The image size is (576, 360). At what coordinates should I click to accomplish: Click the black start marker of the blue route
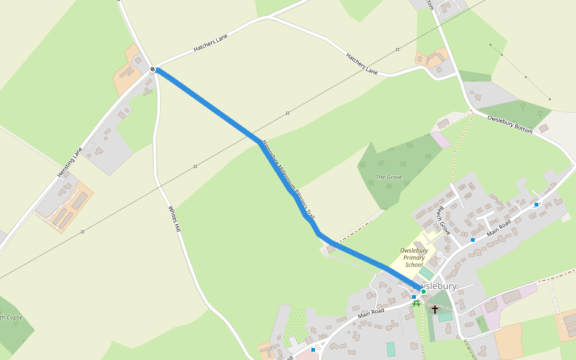pyautogui.click(x=153, y=70)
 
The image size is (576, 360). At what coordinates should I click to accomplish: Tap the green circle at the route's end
pyautogui.click(x=423, y=292)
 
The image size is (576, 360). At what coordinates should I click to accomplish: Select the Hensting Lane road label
pyautogui.click(x=70, y=162)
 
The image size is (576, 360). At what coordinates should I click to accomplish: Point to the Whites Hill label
pyautogui.click(x=174, y=220)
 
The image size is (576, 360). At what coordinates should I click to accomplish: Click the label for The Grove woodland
pyautogui.click(x=388, y=177)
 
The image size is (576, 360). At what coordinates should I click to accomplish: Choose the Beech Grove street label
pyautogui.click(x=443, y=220)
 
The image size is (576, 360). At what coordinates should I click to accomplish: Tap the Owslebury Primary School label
pyautogui.click(x=414, y=257)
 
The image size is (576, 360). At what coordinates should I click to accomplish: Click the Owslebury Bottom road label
pyautogui.click(x=509, y=125)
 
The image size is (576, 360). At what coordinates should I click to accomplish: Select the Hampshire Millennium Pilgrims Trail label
pyautogui.click(x=287, y=179)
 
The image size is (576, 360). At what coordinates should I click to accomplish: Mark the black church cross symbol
pyautogui.click(x=435, y=309)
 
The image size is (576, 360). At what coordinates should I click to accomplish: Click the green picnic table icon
pyautogui.click(x=416, y=304)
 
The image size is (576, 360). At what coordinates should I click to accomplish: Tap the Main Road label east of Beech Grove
pyautogui.click(x=499, y=227)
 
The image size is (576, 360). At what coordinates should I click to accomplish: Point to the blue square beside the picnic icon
pyautogui.click(x=414, y=297)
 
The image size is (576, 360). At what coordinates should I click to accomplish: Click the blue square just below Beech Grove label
pyautogui.click(x=473, y=240)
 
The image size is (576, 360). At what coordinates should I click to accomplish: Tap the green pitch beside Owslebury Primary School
pyautogui.click(x=426, y=273)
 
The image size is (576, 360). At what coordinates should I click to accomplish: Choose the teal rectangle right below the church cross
pyautogui.click(x=445, y=316)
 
